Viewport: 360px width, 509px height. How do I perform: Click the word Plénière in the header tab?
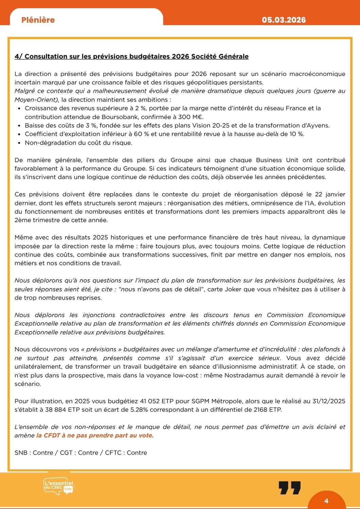tap(38, 20)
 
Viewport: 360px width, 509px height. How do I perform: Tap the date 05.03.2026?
tap(284, 20)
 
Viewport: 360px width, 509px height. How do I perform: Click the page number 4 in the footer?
tap(326, 501)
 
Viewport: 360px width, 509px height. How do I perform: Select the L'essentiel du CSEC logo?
tap(58, 487)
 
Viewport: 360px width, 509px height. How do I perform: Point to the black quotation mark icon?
tap(290, 488)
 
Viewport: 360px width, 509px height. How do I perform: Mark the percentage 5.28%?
tap(139, 410)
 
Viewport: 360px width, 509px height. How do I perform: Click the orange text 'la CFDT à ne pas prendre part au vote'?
tap(95, 435)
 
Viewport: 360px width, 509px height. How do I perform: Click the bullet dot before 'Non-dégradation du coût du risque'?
tap(19, 143)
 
